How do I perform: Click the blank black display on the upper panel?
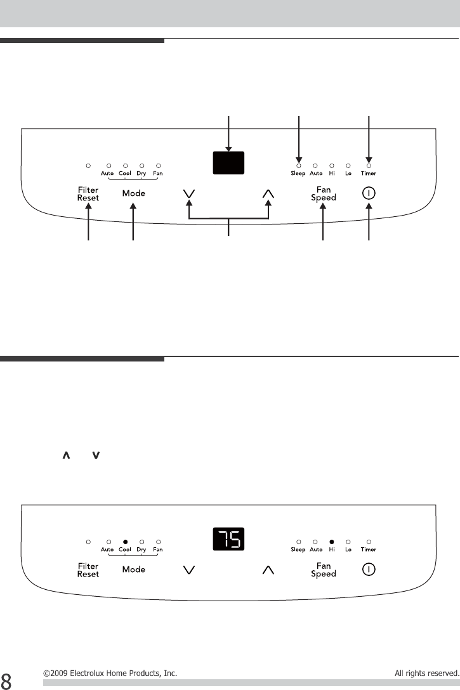pyautogui.click(x=228, y=163)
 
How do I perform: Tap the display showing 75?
pyautogui.click(x=228, y=540)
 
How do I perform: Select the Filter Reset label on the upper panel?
pyautogui.click(x=88, y=193)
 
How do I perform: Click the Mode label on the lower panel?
pyautogui.click(x=134, y=570)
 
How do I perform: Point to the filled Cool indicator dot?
pyautogui.click(x=125, y=542)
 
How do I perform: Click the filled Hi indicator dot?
pyautogui.click(x=332, y=542)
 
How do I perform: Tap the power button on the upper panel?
pyautogui.click(x=369, y=193)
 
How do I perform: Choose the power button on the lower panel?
pyautogui.click(x=369, y=570)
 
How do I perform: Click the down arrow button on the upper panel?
pyautogui.click(x=188, y=194)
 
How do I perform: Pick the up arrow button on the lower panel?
pyautogui.click(x=268, y=570)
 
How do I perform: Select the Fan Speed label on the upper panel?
pyautogui.click(x=324, y=193)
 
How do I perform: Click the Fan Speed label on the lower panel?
pyautogui.click(x=324, y=570)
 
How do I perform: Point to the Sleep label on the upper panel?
pyautogui.click(x=298, y=173)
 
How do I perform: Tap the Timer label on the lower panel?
pyautogui.click(x=369, y=550)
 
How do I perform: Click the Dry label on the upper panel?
pyautogui.click(x=141, y=173)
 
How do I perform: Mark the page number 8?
pyautogui.click(x=6, y=679)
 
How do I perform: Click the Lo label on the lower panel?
pyautogui.click(x=348, y=550)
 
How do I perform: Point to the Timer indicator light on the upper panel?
pyautogui.click(x=369, y=166)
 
